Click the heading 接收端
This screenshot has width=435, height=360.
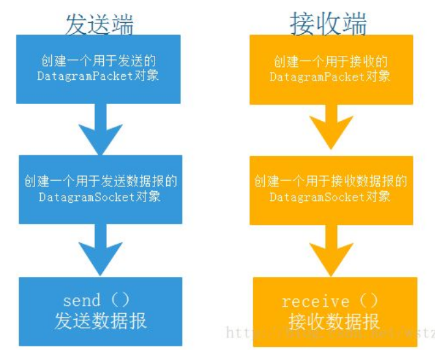point(328,24)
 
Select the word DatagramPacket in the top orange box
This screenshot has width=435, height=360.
point(316,76)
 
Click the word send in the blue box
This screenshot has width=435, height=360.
point(82,300)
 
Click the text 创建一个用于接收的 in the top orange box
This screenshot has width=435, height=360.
point(330,61)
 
